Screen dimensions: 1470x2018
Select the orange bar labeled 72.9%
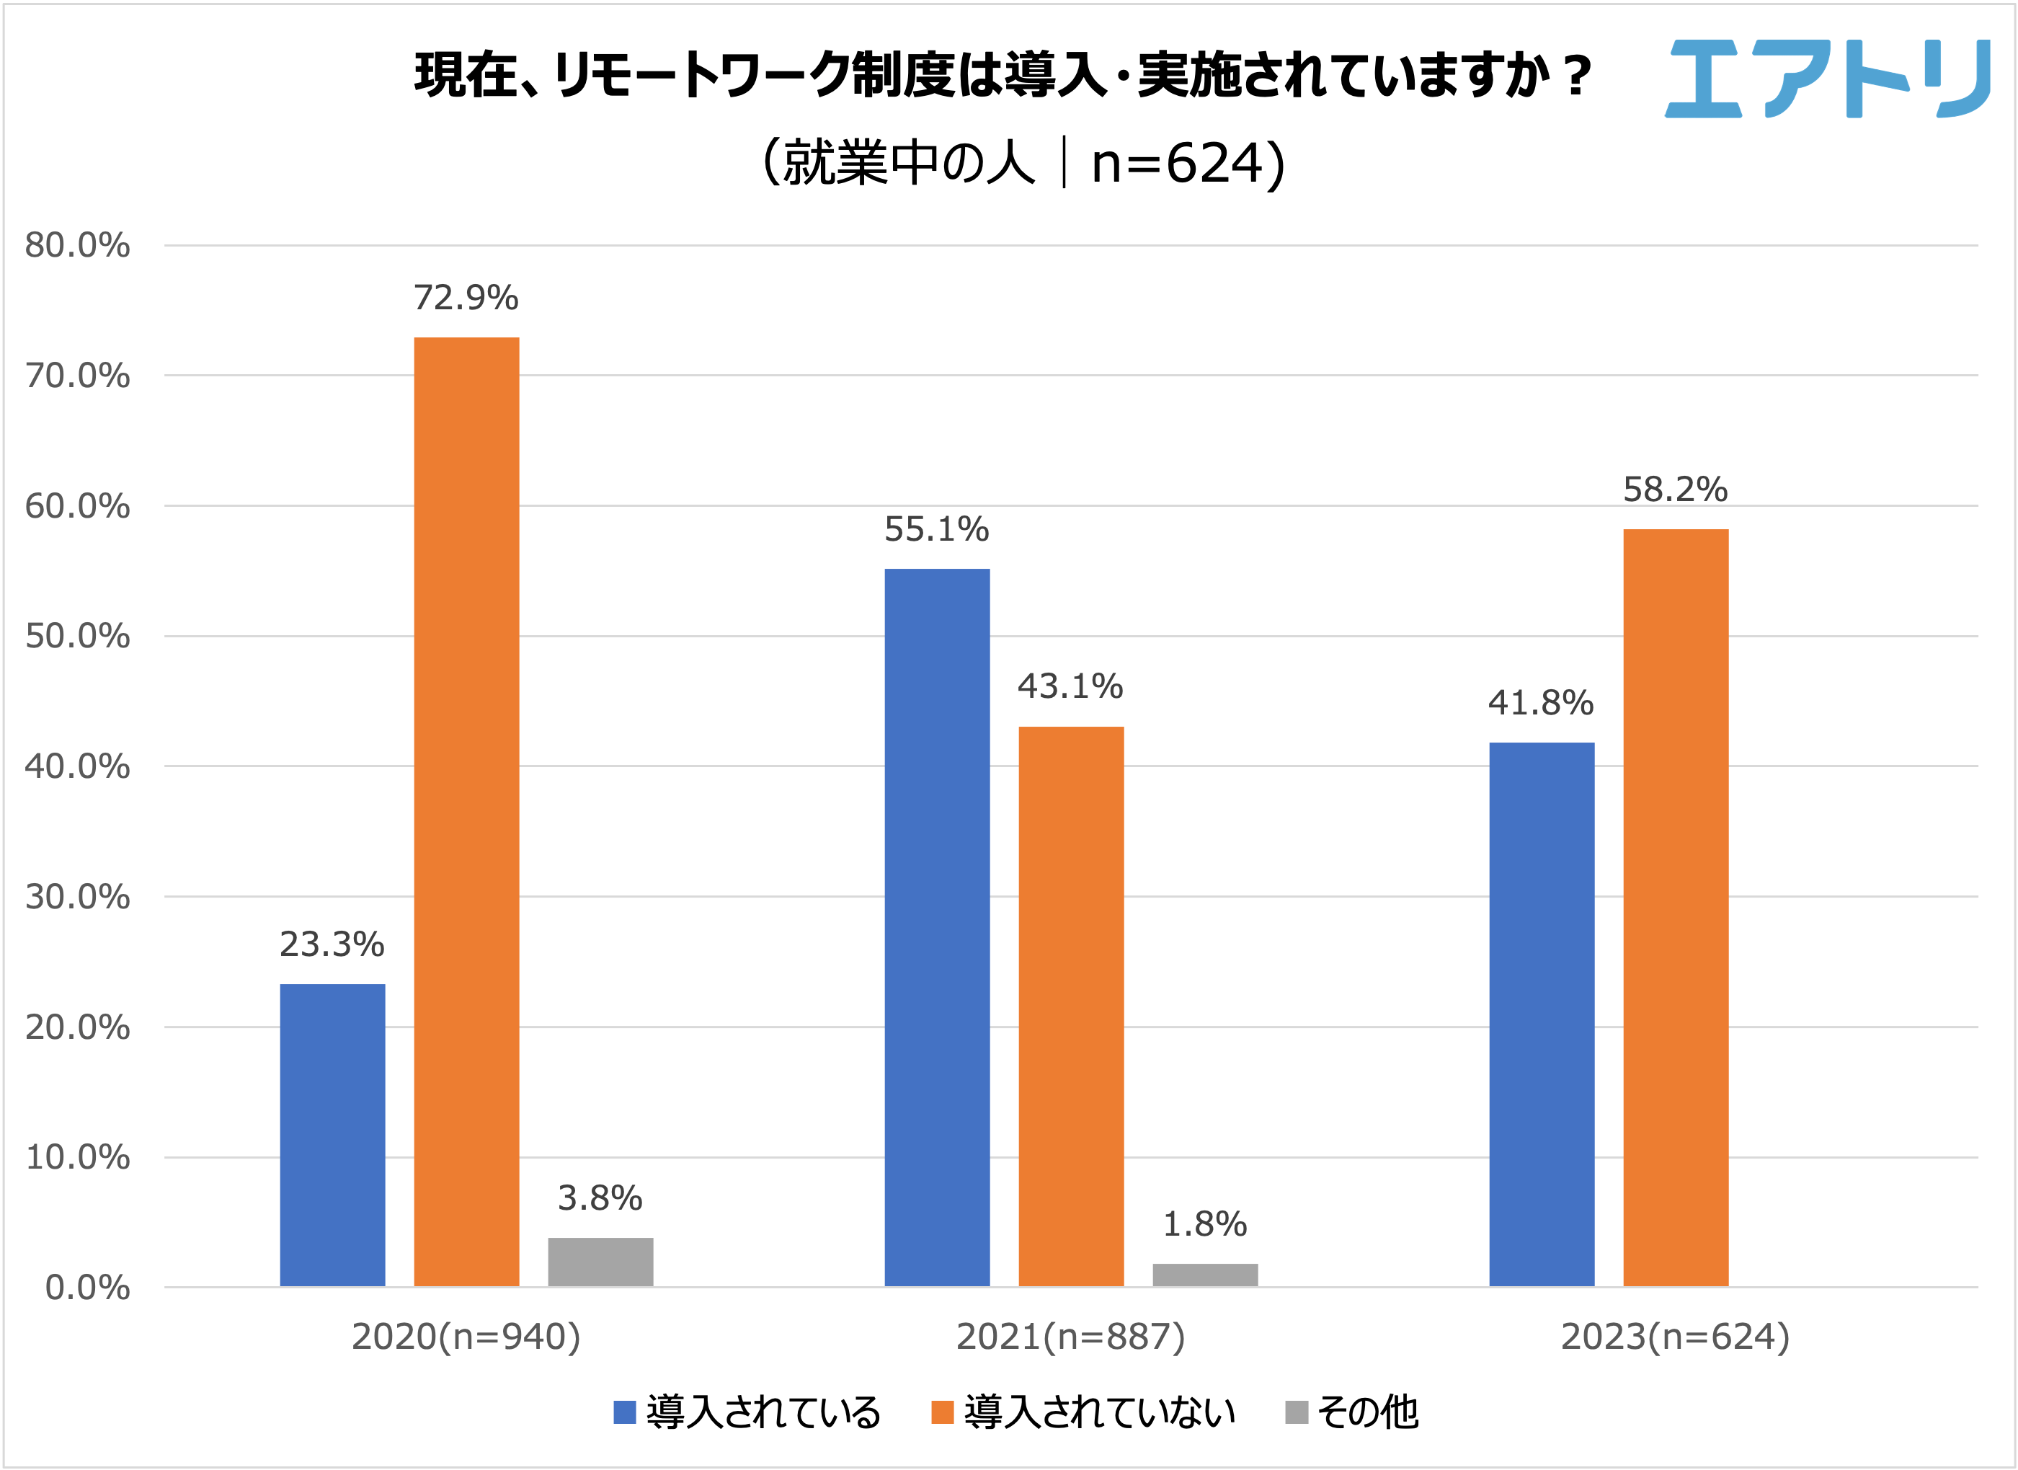tap(466, 812)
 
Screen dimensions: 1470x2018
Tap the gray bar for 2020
tap(600, 1262)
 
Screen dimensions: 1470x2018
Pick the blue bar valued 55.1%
tap(937, 927)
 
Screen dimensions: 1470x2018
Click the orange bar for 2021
tap(1071, 1006)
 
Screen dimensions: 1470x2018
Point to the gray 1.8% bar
tap(1205, 1275)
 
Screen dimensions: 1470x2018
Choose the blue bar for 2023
tap(1542, 1014)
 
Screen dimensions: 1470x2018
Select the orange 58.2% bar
tap(1676, 908)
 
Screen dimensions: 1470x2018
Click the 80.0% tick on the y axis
tap(77, 246)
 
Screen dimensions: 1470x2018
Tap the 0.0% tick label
tap(87, 1288)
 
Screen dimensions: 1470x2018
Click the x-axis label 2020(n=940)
tap(466, 1337)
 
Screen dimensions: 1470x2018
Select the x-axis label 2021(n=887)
tap(1070, 1337)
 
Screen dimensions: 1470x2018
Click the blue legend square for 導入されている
tap(625, 1412)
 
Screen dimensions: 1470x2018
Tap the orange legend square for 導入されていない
tap(942, 1412)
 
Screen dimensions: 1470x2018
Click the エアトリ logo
tap(1828, 79)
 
